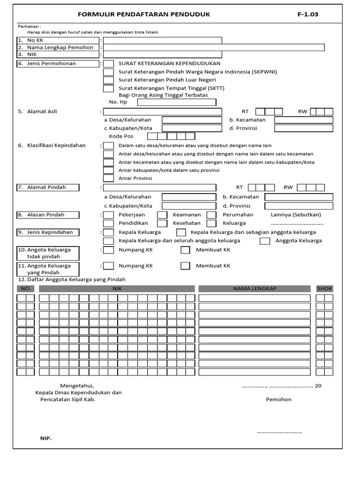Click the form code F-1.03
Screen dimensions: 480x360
[307, 15]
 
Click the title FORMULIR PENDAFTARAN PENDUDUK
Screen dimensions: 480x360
[144, 15]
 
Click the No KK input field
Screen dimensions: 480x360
[163, 41]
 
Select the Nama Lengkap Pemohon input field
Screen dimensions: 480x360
[214, 47]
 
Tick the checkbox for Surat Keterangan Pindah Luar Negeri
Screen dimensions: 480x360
[108, 80]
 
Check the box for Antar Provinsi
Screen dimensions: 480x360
[108, 178]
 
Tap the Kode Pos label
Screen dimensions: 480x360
[121, 136]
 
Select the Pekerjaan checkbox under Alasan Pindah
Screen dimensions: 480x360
[108, 215]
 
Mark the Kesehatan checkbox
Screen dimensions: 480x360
[162, 223]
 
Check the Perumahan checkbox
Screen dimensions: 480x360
[211, 215]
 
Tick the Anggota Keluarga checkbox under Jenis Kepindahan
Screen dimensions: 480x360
[265, 241]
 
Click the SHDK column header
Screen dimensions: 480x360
[324, 289]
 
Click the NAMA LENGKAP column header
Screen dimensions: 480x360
[255, 289]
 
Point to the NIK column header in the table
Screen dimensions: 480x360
[117, 289]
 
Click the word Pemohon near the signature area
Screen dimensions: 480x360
[278, 399]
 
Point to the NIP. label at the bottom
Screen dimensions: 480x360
[45, 438]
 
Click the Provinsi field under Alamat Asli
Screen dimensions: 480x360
[303, 128]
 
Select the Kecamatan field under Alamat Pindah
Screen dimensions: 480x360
[299, 197]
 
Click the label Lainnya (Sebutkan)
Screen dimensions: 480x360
[296, 215]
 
